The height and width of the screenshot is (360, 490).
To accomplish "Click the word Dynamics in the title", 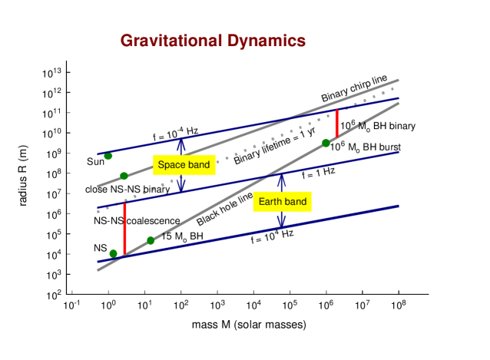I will tap(266, 41).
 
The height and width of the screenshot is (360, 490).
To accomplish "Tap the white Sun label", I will tap(95, 162).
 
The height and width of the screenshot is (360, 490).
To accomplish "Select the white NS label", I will tap(101, 248).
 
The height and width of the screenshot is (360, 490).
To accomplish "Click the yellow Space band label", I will tap(184, 165).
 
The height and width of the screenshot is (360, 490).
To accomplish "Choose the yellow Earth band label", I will tap(282, 202).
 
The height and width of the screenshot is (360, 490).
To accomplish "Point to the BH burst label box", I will tap(365, 147).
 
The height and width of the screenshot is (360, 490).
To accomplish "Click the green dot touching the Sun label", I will tap(108, 156).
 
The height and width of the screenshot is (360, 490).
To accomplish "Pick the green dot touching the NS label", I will tap(114, 253).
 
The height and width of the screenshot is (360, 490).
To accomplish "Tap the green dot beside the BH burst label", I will tap(326, 143).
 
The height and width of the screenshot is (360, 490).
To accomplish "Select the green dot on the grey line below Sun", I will tap(124, 176).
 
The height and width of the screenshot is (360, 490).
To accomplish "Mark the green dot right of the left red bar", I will tap(151, 240).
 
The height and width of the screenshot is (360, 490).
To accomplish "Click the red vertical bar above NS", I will tap(124, 228).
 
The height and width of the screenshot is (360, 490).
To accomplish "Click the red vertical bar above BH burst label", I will tap(336, 124).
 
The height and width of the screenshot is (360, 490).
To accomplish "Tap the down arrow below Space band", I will tap(181, 184).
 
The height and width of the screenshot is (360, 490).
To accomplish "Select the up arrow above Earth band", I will tap(281, 181).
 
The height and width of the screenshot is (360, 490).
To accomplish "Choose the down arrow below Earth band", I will tap(281, 220).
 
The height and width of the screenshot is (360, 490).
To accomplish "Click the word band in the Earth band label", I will tap(295, 202).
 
